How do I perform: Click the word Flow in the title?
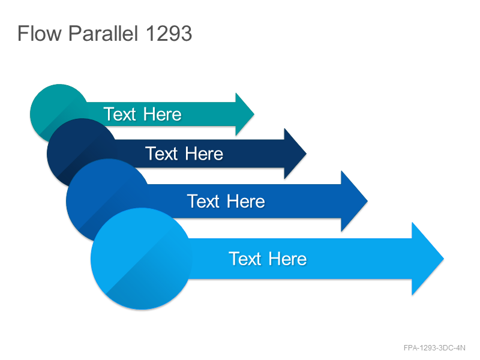point(40,33)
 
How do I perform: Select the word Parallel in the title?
point(103,33)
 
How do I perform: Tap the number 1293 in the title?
point(169,33)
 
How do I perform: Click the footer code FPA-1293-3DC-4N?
point(434,348)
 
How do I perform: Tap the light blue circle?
point(142,259)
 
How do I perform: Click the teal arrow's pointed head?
point(245,114)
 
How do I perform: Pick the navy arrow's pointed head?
point(295,154)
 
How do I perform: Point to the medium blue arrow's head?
point(354,201)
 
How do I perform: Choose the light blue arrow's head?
point(427,259)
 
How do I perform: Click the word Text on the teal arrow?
point(119,114)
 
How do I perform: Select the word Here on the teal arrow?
point(162,114)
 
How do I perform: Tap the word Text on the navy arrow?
point(161,154)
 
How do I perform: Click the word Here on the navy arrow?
point(204,154)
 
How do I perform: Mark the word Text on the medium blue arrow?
point(203,201)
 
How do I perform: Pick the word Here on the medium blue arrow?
point(246,201)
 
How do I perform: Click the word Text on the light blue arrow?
point(245,259)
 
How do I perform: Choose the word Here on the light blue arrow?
point(287,259)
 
